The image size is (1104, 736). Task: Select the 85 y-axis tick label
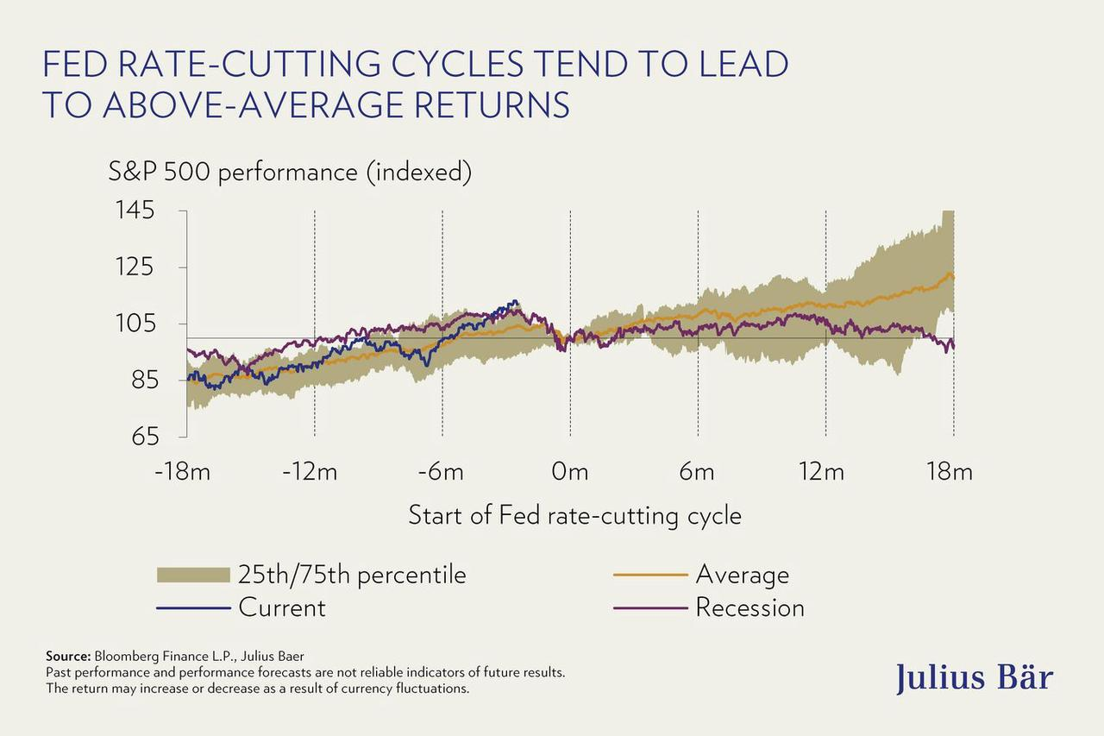(x=144, y=380)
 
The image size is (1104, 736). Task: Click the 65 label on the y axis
(x=144, y=437)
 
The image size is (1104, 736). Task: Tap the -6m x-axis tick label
(x=441, y=472)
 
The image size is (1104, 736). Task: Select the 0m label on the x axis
(x=569, y=472)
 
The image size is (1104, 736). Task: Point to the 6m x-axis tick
(x=697, y=472)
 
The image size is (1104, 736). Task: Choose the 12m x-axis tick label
(x=822, y=472)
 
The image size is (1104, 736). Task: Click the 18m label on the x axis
(x=950, y=472)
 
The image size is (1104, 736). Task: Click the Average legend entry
(x=742, y=576)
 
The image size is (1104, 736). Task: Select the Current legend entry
(x=282, y=608)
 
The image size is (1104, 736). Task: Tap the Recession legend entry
(x=750, y=608)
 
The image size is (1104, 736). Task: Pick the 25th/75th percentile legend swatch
(x=193, y=576)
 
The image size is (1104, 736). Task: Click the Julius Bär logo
(x=974, y=676)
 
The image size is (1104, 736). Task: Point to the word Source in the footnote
(x=68, y=657)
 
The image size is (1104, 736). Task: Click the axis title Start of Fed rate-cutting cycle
(x=574, y=516)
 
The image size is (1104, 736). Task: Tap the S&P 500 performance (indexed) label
(x=290, y=172)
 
